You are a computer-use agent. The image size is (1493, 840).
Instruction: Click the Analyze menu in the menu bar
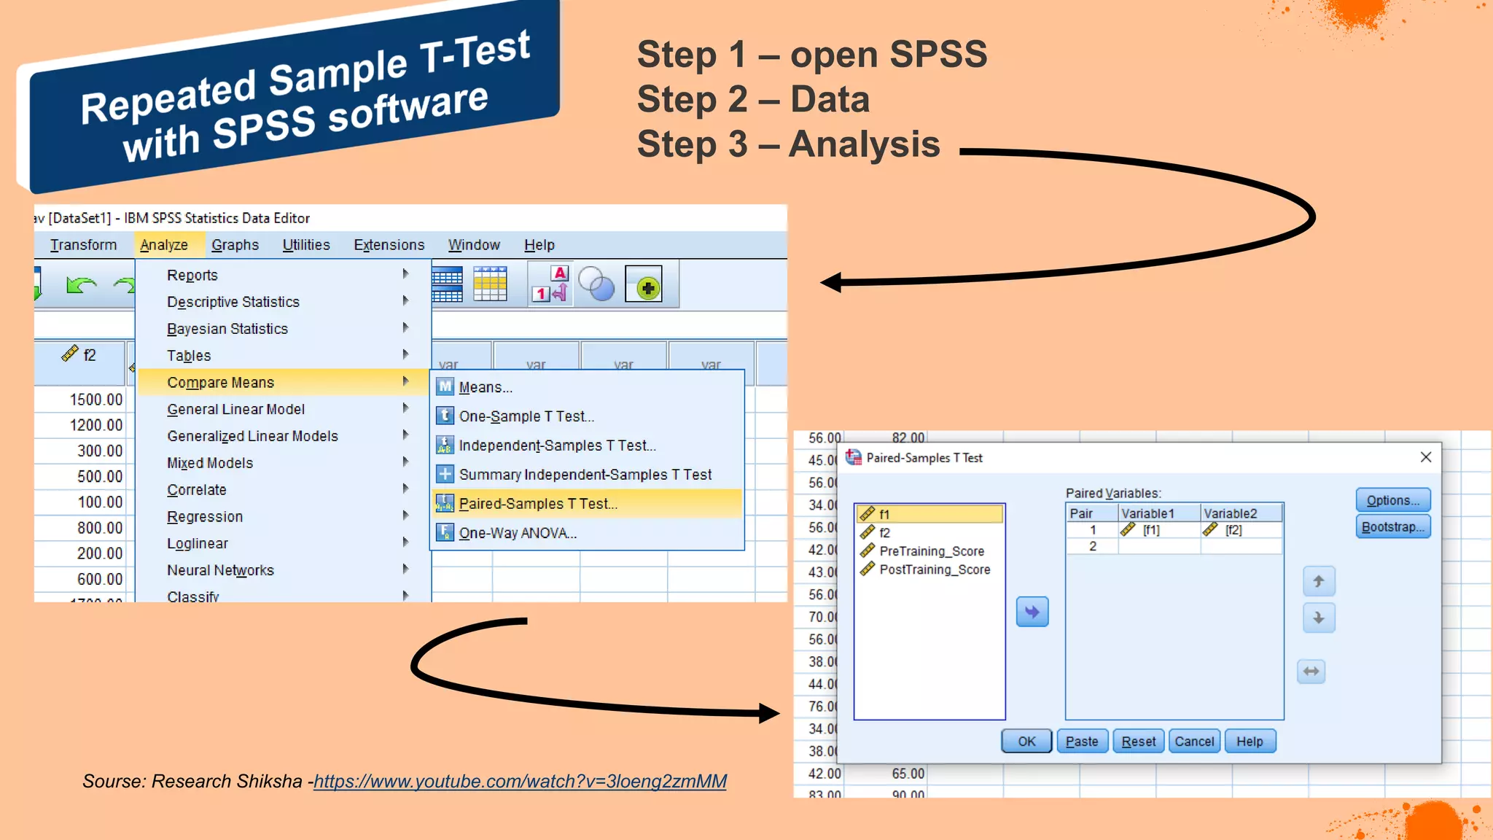click(x=164, y=245)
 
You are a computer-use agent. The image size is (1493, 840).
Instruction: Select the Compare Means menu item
click(x=221, y=383)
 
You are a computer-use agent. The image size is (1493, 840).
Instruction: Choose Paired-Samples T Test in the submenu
click(x=538, y=504)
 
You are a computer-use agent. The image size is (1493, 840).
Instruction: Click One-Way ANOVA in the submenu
click(x=518, y=533)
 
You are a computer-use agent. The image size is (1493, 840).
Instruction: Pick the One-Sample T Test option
click(x=526, y=416)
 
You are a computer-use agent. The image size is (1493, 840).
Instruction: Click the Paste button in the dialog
click(x=1082, y=742)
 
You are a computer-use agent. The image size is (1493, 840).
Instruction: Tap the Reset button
click(x=1138, y=742)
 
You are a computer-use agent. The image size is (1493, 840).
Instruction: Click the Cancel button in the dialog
click(x=1194, y=742)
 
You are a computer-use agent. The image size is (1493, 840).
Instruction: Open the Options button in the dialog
click(x=1392, y=500)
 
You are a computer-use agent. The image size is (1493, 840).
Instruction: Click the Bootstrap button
click(x=1392, y=526)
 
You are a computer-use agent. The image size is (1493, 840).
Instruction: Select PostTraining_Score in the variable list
click(x=935, y=569)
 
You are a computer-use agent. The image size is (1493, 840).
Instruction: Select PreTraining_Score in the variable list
click(x=932, y=551)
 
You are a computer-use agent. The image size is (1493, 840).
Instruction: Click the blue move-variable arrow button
click(x=1032, y=612)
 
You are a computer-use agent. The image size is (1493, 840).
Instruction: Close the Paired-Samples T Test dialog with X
click(x=1426, y=457)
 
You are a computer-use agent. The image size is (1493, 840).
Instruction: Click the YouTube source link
click(x=520, y=782)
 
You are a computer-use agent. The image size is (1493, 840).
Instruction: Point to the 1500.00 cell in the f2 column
click(x=96, y=400)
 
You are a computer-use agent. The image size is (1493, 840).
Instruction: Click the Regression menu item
click(x=205, y=517)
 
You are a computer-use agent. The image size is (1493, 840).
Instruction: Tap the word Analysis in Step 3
click(x=865, y=144)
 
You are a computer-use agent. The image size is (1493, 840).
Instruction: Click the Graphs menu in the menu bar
click(x=235, y=245)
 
